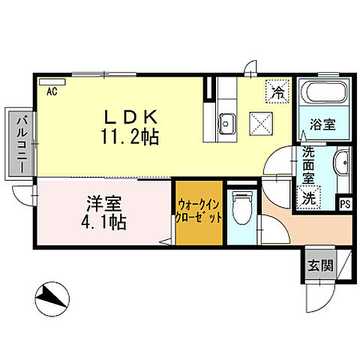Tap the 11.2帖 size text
point(130,136)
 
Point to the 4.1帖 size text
point(103,222)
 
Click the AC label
point(52,92)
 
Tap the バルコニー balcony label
point(22,142)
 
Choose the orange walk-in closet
point(199,213)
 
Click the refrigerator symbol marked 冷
point(277,93)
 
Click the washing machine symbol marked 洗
point(308,198)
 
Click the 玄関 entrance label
point(321,265)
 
